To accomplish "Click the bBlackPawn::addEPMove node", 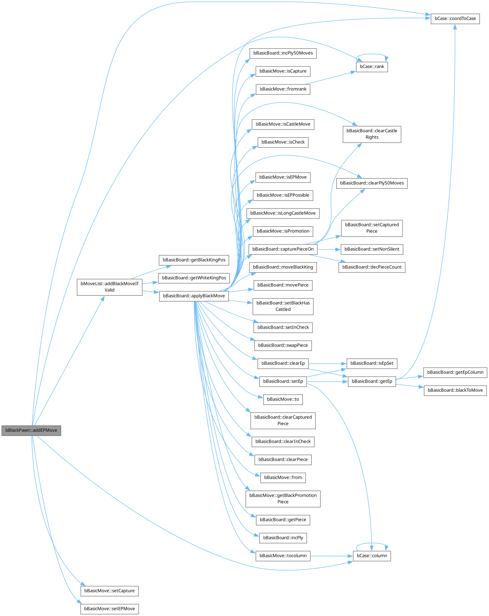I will coord(31,430).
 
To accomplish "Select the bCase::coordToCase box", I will coord(455,18).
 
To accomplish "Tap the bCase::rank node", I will coord(372,66).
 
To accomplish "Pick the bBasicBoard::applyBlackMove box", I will coord(194,296).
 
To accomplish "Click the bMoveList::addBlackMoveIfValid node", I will coord(109,287).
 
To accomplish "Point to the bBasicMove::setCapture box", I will coord(109,591).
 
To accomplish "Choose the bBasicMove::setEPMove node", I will coord(109,609).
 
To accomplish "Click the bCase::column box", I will coord(372,556).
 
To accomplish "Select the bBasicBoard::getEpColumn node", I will coord(455,372).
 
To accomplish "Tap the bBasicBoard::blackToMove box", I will coord(455,390).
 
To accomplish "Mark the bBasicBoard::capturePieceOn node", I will coord(283,249).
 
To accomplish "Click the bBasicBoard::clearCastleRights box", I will coord(372,134).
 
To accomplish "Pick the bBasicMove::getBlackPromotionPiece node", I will coord(283,498).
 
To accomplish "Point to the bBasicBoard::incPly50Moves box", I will coord(283,53).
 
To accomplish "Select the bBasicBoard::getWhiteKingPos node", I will coord(194,278).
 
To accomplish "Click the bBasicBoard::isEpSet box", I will coord(372,363).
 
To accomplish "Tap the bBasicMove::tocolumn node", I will coord(283,556).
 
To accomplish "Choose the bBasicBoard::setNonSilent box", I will coord(372,249).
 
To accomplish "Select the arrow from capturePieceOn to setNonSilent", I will coord(329,249).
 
